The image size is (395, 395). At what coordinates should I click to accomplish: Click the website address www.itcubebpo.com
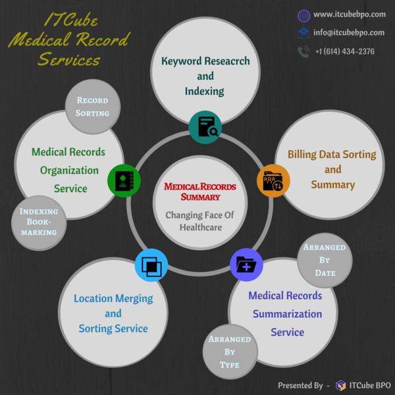coord(349,14)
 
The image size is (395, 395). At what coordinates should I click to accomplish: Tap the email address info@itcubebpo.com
coord(349,32)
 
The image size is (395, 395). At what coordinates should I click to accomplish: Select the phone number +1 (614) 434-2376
coord(344,51)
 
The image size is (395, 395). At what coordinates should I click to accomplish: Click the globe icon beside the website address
coord(303,15)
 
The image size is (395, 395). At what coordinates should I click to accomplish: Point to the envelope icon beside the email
coord(303,33)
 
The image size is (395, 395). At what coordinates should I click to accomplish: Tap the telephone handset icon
coord(303,51)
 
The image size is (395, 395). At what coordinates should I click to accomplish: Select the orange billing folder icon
coord(273,180)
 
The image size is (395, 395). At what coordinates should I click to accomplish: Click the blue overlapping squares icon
coord(151,266)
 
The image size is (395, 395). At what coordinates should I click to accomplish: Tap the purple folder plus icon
coord(246,265)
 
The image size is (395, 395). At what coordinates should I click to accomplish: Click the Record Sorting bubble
coord(92,107)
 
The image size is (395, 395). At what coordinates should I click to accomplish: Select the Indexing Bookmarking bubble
coord(39,222)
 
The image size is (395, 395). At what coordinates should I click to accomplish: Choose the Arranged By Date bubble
coord(325,260)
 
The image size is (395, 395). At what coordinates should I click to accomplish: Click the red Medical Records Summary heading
coord(199,192)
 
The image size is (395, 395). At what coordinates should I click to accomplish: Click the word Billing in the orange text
coord(305,155)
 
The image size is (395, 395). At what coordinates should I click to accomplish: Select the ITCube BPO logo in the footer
coord(341,385)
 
